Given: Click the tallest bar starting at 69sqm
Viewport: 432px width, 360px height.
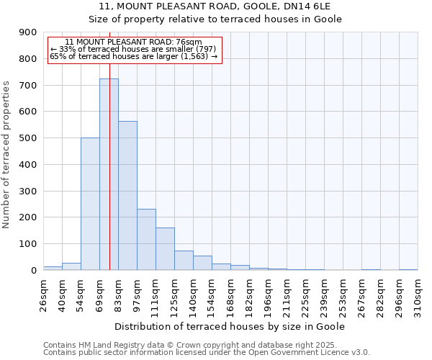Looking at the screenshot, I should coord(109,174).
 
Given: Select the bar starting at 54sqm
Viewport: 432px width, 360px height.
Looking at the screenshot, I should coord(90,204).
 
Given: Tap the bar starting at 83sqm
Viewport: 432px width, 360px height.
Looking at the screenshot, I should coord(127,195).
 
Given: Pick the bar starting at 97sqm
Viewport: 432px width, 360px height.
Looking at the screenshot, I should coord(146,239).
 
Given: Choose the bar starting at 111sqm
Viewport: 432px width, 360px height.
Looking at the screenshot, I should coord(165,248).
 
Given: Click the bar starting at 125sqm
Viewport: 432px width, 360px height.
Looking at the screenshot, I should coord(184,260).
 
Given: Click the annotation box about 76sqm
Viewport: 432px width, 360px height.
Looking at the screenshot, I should coord(134,49).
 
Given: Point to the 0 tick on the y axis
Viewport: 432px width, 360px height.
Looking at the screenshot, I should coord(34,270).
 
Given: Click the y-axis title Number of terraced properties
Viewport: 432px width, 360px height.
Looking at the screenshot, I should coord(7,154).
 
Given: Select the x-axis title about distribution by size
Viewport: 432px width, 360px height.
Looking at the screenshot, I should coord(230,326).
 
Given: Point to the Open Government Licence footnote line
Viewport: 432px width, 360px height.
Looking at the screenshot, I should coord(206,353).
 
